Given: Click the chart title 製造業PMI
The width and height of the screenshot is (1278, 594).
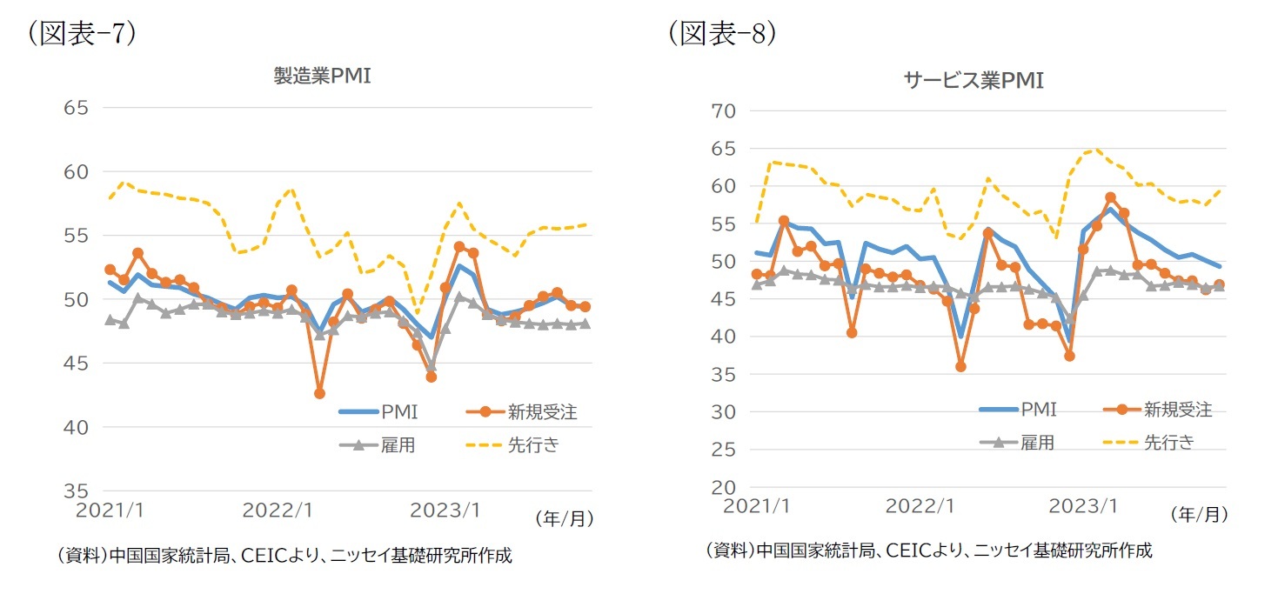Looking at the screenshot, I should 322,76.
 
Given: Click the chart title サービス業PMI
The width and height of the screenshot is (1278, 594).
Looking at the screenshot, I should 973,81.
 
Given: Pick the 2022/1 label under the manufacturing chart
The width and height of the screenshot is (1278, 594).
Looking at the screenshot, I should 278,511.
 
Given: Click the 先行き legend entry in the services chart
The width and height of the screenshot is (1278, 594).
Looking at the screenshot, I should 1168,442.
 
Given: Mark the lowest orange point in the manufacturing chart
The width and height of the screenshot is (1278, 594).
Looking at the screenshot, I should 319,393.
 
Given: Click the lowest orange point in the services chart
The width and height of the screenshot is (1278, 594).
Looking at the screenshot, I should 961,366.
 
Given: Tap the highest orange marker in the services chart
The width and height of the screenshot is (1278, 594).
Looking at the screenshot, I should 1110,197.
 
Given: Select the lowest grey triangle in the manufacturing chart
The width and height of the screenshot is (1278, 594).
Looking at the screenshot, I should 431,367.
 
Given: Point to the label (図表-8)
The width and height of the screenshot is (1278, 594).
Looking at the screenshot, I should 722,33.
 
